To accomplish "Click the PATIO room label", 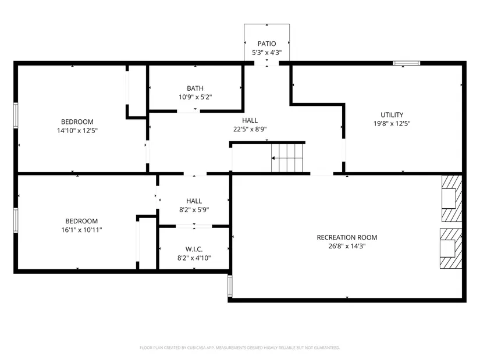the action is pos(266,44).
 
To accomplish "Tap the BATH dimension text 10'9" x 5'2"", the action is pos(195,97).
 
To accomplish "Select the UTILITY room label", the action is pos(392,115).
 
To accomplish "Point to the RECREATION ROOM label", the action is pos(347,237).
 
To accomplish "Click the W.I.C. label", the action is pos(194,249).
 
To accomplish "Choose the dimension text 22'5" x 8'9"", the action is pos(250,129).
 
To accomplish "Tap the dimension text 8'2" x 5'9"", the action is pos(194,210).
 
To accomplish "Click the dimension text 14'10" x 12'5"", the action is pos(77,131).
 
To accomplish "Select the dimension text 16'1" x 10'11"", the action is pos(81,230).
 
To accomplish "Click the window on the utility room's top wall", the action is pos(407,63).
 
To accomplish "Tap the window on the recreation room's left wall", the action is pos(230,286).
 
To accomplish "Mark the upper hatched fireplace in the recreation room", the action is pos(451,198).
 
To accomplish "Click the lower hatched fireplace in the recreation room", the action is pos(451,248).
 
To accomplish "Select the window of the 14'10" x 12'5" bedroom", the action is pos(16,115).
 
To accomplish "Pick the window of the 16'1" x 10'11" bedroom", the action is pos(16,220).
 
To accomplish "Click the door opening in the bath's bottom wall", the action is pos(189,111).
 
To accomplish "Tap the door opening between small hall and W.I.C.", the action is pos(194,227).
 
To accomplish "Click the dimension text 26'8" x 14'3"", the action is pos(347,246).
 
